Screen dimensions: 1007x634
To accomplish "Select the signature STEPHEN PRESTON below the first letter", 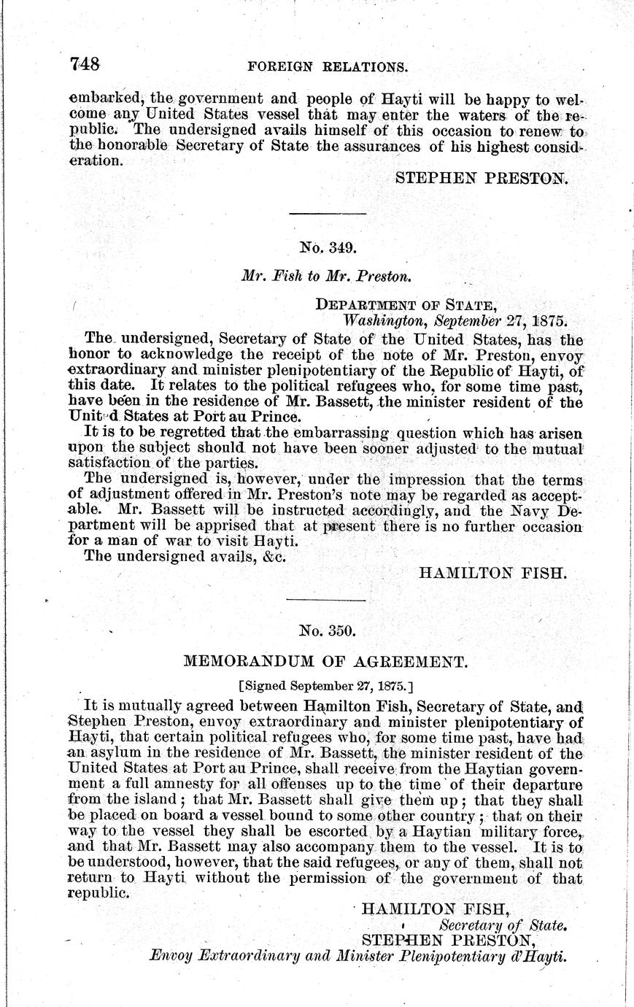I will pyautogui.click(x=480, y=177).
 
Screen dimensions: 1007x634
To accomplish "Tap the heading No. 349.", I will pyautogui.click(x=328, y=248).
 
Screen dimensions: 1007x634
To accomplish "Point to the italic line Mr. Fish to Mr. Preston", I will pyautogui.click(x=328, y=277).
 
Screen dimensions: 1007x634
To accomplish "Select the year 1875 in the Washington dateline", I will pyautogui.click(x=549, y=320).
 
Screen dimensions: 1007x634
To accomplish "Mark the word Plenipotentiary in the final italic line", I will pyautogui.click(x=449, y=956).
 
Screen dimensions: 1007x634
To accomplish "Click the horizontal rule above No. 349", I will pyautogui.click(x=328, y=213).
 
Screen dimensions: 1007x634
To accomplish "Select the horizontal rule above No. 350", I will pyautogui.click(x=328, y=599).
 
